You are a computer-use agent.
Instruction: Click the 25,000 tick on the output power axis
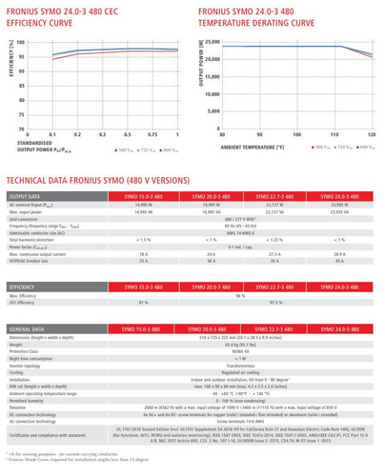212,43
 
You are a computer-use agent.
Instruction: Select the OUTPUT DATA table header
28,195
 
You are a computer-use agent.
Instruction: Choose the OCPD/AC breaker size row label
32,261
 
